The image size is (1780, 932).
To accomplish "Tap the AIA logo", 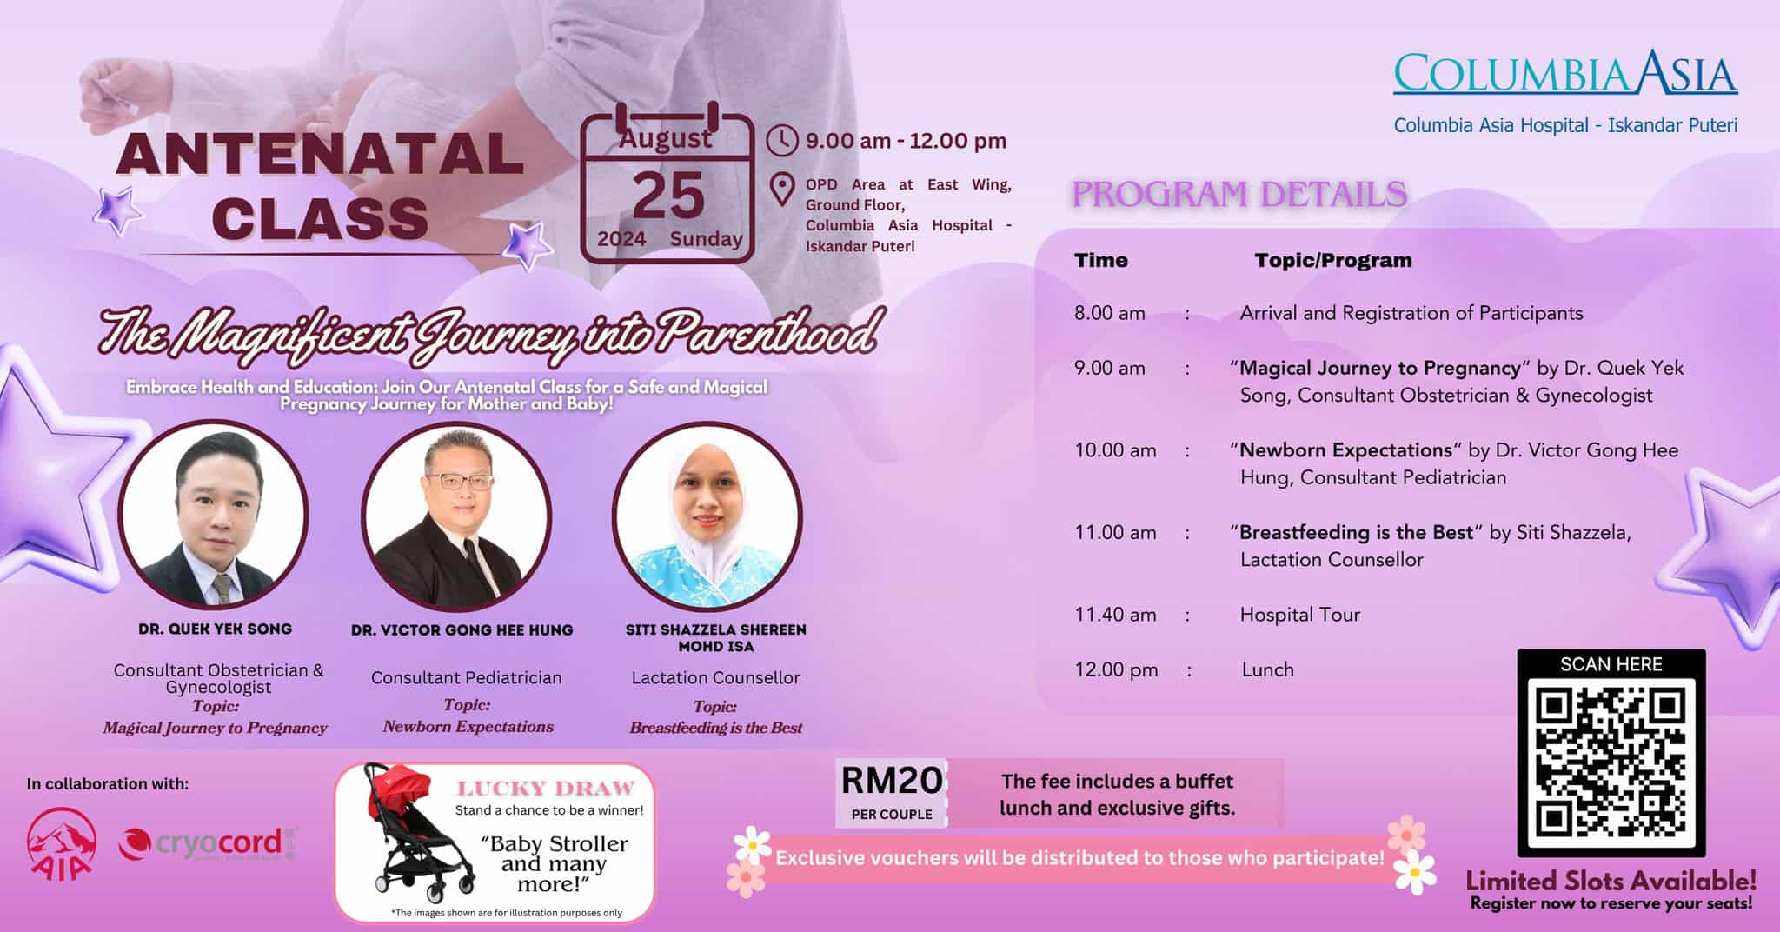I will (61, 842).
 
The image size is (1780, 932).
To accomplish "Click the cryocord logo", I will (209, 842).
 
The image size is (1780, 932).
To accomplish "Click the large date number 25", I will (667, 196).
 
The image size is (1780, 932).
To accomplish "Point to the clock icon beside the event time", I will (782, 141).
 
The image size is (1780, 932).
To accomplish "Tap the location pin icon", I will (782, 190).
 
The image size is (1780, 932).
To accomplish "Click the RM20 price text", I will (891, 781).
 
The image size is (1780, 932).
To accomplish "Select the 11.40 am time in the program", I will (1115, 615).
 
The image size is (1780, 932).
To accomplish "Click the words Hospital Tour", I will (1299, 615).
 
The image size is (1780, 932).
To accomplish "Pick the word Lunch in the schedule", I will (1267, 669).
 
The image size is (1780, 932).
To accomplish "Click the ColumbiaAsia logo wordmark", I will (1565, 73).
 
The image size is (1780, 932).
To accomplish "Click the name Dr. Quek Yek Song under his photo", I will (215, 629).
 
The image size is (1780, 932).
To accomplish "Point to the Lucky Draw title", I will (546, 789).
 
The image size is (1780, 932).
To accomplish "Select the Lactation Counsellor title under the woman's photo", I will (715, 677).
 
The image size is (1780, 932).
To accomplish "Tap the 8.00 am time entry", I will (1109, 313).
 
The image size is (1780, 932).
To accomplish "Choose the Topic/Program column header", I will (1332, 260).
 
